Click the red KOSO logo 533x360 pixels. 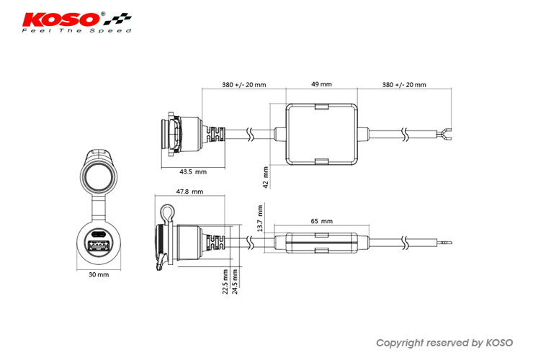(x=61, y=19)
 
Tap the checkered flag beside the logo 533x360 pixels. (x=117, y=19)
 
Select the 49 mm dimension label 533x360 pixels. (x=321, y=84)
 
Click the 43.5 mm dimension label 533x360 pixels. (x=193, y=171)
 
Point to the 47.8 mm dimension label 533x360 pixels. (x=189, y=192)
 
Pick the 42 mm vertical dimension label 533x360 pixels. (x=266, y=177)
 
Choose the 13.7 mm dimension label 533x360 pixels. (x=260, y=218)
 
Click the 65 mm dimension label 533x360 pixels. (x=321, y=221)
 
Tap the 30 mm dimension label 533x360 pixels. (x=99, y=274)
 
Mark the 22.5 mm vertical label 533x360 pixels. (x=225, y=282)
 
